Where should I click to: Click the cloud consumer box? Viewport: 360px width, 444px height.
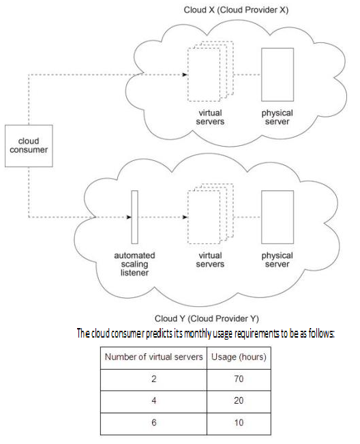(29, 146)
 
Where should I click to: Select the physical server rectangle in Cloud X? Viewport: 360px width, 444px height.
(277, 74)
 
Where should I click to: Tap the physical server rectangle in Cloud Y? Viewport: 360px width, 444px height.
(277, 217)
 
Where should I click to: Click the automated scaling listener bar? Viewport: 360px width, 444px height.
(135, 217)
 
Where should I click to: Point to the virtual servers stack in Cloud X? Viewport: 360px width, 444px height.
(210, 71)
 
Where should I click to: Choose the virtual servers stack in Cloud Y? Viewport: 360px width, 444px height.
(210, 213)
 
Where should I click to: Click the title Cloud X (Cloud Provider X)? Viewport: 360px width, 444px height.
(236, 10)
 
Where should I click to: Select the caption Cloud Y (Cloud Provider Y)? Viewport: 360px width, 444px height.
(207, 319)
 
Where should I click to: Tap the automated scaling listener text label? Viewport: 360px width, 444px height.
(134, 264)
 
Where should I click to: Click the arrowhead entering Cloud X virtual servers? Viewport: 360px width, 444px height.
(185, 74)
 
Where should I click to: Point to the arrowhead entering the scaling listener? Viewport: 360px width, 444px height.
(129, 217)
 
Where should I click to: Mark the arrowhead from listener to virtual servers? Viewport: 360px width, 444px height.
(185, 217)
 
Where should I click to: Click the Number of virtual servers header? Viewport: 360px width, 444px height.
(153, 357)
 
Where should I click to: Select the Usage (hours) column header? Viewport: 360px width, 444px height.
(239, 357)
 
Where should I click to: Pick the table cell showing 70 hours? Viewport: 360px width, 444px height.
(239, 380)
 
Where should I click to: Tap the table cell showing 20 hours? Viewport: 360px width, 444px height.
(239, 402)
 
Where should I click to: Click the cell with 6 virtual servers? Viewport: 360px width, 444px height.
(153, 424)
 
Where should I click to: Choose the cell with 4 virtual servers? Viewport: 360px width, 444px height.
(153, 402)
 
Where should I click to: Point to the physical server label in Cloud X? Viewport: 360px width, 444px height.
(277, 117)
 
